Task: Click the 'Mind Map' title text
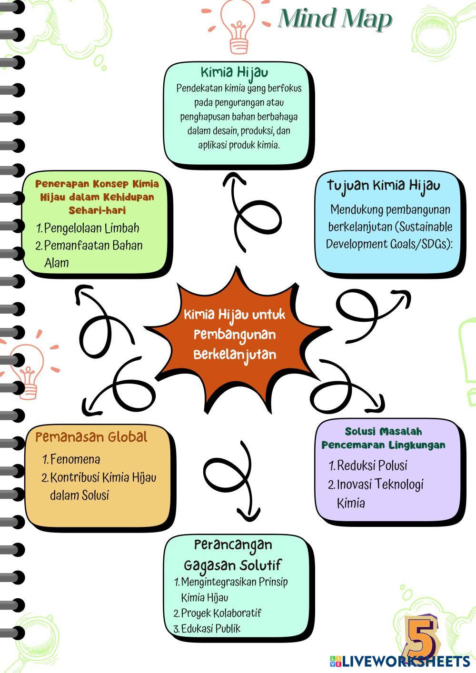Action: [x=335, y=19]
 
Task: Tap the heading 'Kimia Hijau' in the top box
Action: [x=234, y=72]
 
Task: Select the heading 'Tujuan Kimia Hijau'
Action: [x=383, y=185]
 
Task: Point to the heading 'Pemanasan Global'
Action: [x=91, y=436]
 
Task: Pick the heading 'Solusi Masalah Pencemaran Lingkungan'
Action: [x=383, y=438]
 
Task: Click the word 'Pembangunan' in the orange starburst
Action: [x=235, y=335]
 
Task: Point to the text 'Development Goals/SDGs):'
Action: [x=389, y=244]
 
